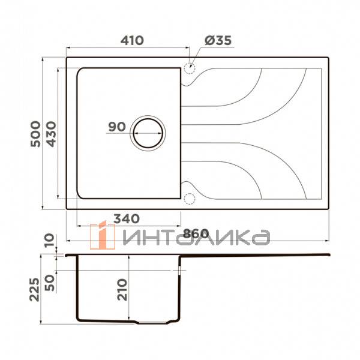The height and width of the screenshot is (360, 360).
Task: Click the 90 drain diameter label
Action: click(116, 127)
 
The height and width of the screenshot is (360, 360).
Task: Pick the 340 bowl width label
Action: click(126, 217)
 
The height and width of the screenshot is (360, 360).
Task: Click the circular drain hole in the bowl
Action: click(147, 131)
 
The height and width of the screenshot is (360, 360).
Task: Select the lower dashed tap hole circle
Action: click(190, 198)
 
